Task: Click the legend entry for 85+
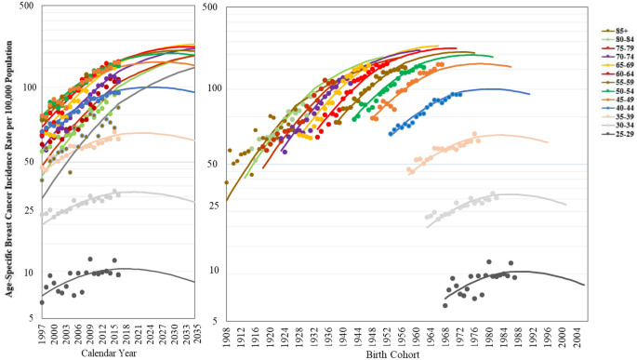click(x=614, y=32)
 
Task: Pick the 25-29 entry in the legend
click(x=615, y=132)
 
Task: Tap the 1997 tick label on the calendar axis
click(x=43, y=333)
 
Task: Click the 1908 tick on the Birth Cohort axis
click(x=228, y=331)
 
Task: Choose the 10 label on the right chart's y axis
click(x=213, y=271)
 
